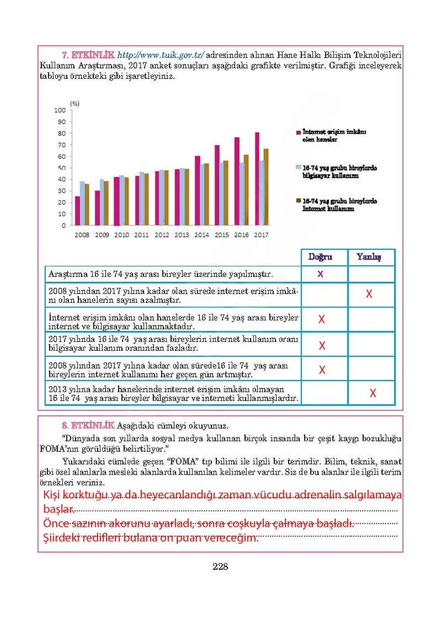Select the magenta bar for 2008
pos(77,211)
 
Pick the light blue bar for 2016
pos(242,194)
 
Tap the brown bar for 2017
pos(266,187)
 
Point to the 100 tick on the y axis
pos(60,110)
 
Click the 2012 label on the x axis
pos(161,235)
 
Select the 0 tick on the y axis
pos(64,225)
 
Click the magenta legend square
pos(298,133)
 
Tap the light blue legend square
pos(298,168)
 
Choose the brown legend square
pos(298,201)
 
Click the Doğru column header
pos(320,257)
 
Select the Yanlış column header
pos(369,257)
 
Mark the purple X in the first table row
pos(320,274)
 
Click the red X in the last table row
pos(373,393)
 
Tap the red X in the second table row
pos(369,294)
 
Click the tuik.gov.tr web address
pos(160,55)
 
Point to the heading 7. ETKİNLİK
pos(88,55)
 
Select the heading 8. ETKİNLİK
pos(88,425)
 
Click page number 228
pos(220,566)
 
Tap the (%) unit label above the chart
pos(75,104)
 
